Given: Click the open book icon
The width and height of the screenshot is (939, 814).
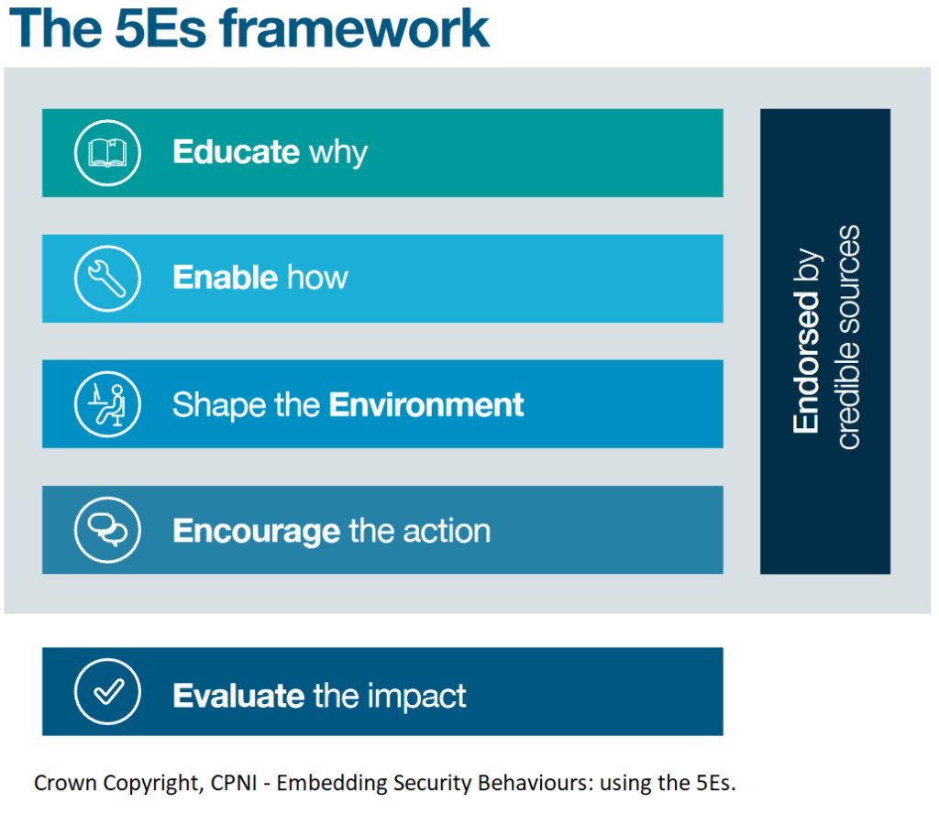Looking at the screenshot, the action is pyautogui.click(x=108, y=152).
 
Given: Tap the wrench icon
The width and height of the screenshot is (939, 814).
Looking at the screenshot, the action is pyautogui.click(x=107, y=279).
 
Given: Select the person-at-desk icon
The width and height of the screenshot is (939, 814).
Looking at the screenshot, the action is pyautogui.click(x=108, y=404).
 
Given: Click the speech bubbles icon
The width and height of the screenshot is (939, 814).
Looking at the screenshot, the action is pyautogui.click(x=108, y=530).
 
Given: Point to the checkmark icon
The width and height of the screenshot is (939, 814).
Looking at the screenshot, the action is pyautogui.click(x=108, y=692).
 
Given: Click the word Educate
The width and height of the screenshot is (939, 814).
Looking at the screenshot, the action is pyautogui.click(x=236, y=151).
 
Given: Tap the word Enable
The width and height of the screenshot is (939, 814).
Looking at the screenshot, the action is pyautogui.click(x=226, y=277).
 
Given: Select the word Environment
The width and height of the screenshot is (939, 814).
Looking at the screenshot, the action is pyautogui.click(x=426, y=404).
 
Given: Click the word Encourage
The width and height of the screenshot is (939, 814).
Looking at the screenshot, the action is pyautogui.click(x=257, y=532).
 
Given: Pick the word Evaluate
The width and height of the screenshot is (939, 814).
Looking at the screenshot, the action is pyautogui.click(x=238, y=696).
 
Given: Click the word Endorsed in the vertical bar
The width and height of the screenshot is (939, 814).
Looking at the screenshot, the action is pyautogui.click(x=806, y=361).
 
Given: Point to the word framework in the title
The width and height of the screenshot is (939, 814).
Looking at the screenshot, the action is pyautogui.click(x=355, y=28).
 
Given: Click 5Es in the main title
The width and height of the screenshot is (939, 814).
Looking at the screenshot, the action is pyautogui.click(x=160, y=28).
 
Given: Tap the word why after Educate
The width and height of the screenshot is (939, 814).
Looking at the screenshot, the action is pyautogui.click(x=338, y=153).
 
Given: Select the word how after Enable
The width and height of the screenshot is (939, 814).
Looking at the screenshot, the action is pyautogui.click(x=317, y=277).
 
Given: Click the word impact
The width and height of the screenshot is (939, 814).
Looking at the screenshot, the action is pyautogui.click(x=417, y=697).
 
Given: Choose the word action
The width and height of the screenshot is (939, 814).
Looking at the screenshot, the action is pyautogui.click(x=447, y=531).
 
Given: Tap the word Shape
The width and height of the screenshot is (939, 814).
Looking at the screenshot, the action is pyautogui.click(x=219, y=406).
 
